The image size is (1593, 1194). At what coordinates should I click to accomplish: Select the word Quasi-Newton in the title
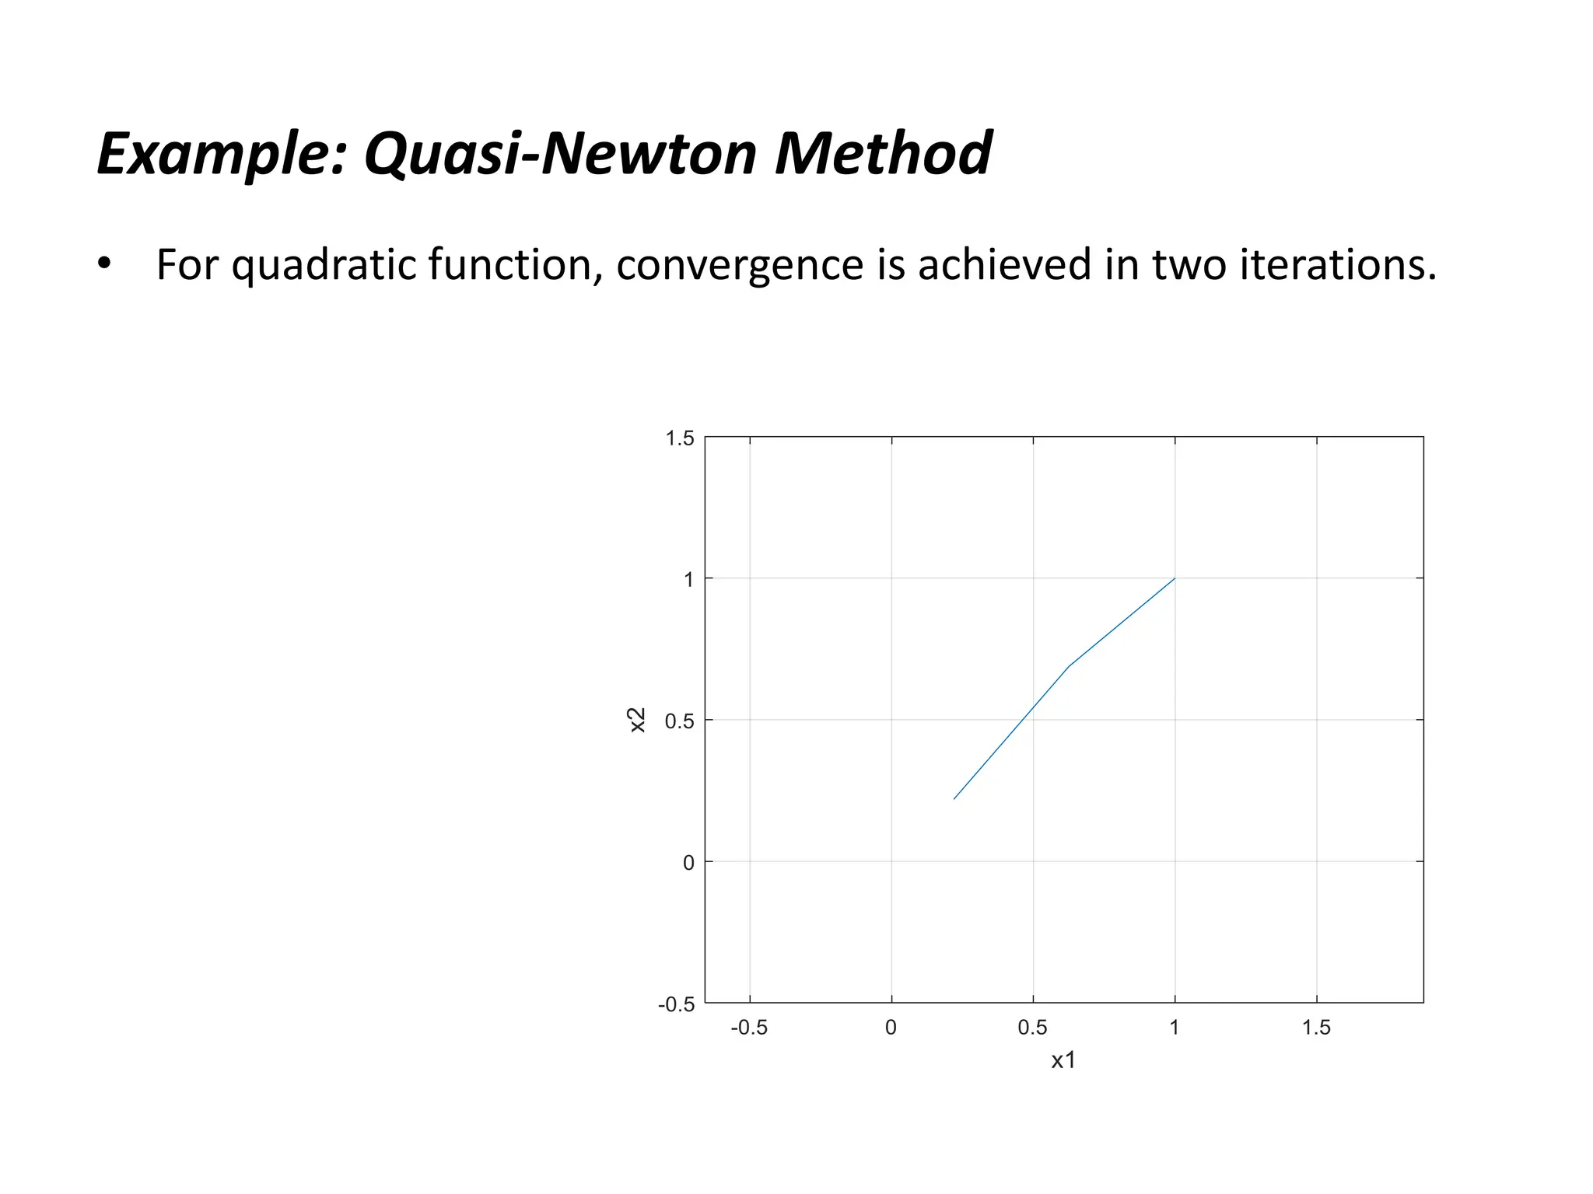coord(561,155)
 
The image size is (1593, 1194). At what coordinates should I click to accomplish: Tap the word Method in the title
coord(883,153)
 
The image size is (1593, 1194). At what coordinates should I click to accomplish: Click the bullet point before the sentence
coord(104,264)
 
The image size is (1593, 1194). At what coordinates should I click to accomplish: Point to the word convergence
coord(739,265)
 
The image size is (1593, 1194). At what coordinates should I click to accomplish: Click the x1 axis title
coord(1063,1060)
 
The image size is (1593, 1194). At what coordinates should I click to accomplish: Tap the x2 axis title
coord(637,720)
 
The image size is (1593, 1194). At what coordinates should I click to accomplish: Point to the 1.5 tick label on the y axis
coord(679,438)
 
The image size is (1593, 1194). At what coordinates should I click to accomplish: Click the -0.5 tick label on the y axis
coord(676,1004)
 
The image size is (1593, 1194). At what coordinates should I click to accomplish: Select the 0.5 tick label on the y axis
coord(679,721)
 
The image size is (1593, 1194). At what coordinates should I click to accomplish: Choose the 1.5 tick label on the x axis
coord(1316,1028)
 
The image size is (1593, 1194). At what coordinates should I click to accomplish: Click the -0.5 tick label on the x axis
coord(749,1028)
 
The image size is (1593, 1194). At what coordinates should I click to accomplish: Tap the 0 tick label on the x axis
coord(891,1028)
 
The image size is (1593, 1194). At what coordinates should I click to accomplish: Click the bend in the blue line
coord(1070,666)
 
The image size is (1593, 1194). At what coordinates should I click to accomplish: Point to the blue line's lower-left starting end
coord(954,798)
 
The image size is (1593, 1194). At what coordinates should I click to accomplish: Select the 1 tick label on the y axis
coord(688,580)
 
